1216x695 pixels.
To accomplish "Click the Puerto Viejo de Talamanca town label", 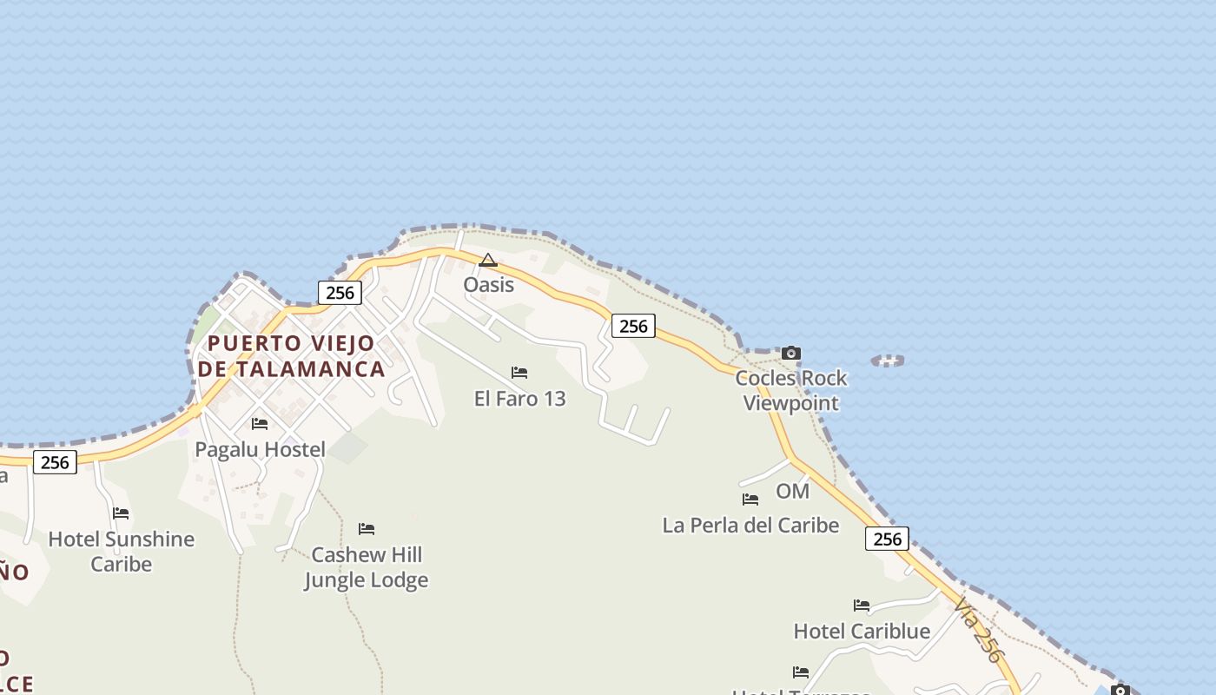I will [292, 356].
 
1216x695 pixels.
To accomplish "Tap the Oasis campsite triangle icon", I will [488, 260].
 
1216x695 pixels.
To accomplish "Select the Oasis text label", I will [488, 285].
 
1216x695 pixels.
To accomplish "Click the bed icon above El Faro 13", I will [519, 373].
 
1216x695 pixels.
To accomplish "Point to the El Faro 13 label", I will [519, 399].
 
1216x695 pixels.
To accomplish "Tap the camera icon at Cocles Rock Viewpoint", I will [790, 353].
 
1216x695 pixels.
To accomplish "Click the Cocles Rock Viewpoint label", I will [790, 390].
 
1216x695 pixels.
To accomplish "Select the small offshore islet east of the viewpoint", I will [887, 360].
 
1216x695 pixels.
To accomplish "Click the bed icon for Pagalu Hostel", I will [260, 424].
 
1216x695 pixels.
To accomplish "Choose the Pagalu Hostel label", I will [260, 450].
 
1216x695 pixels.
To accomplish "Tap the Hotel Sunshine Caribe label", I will [121, 552].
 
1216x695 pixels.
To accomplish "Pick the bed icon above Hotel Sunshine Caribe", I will [121, 513].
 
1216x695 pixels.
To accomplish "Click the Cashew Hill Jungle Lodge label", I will [367, 567].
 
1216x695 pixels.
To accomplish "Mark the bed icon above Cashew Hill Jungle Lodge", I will [367, 529].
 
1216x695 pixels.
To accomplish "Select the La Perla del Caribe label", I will [750, 526].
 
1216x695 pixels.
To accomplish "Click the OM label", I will [792, 492].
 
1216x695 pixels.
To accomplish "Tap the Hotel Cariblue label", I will [862, 632].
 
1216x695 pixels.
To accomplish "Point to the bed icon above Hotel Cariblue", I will [862, 606].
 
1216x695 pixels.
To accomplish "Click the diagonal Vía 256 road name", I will [977, 629].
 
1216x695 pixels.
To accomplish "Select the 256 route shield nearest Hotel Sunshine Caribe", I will [55, 462].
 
